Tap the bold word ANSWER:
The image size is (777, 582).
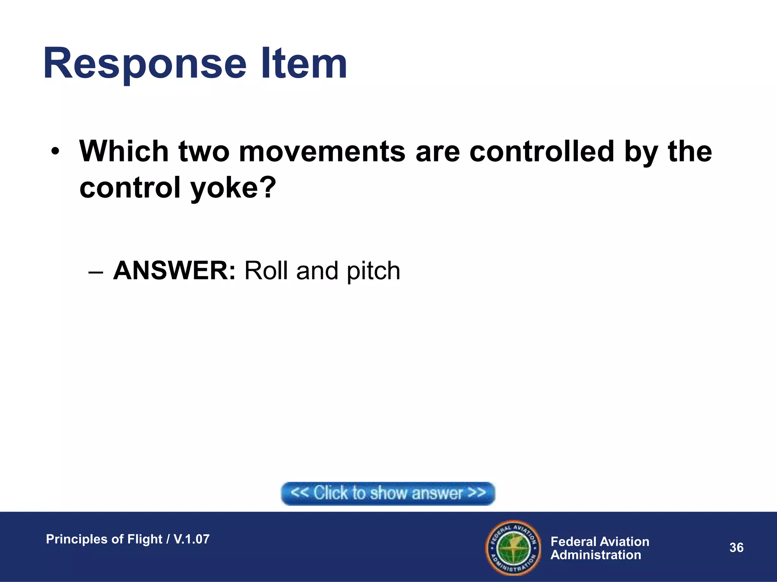click(x=175, y=271)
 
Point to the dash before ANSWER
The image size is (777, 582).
click(x=95, y=272)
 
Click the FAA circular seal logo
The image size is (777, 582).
click(x=513, y=548)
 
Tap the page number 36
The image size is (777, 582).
click(x=736, y=548)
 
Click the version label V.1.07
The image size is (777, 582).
click(x=192, y=539)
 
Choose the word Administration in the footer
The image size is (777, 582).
click(x=596, y=555)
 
